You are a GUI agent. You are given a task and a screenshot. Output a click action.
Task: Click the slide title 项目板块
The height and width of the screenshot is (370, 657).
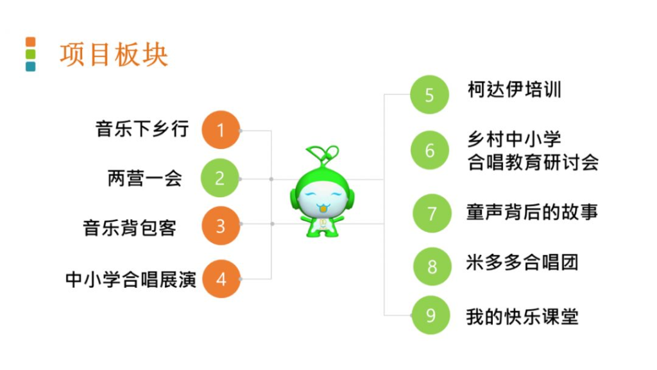(x=114, y=55)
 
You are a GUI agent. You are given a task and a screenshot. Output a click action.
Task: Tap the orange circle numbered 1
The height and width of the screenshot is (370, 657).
(x=221, y=130)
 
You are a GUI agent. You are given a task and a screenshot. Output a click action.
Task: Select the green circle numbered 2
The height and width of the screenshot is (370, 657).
(x=220, y=179)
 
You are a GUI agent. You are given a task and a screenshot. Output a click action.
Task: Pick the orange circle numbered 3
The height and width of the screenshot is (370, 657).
(x=221, y=226)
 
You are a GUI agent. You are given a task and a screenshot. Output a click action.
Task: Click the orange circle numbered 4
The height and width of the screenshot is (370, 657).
(x=221, y=279)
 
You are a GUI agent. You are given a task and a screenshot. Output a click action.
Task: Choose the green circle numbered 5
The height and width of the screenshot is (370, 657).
(x=429, y=95)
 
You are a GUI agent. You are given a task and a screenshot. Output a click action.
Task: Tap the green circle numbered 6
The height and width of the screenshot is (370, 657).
(x=429, y=150)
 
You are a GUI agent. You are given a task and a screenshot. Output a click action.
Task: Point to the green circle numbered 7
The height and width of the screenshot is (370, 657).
(x=432, y=213)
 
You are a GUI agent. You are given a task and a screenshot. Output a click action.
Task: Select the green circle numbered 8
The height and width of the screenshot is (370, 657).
(x=432, y=267)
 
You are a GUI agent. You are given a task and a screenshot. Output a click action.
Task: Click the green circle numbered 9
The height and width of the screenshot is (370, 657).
(x=431, y=315)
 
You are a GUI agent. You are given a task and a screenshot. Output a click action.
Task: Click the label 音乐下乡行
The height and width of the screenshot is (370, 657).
(x=142, y=128)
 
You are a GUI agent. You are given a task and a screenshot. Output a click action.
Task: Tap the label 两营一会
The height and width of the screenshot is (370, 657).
(x=145, y=179)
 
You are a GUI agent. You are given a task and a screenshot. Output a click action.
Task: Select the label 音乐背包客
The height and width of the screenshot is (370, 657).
(x=130, y=228)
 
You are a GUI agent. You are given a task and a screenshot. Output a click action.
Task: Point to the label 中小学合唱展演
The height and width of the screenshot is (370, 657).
(x=131, y=279)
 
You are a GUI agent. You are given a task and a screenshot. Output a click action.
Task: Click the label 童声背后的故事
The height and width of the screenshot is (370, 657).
(x=532, y=212)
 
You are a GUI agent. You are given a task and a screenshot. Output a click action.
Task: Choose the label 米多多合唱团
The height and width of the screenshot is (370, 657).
(x=522, y=263)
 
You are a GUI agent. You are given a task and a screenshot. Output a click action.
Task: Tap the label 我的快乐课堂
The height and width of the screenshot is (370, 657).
(x=522, y=317)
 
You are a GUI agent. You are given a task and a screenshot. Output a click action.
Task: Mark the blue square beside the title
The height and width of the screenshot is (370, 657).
(x=31, y=67)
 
